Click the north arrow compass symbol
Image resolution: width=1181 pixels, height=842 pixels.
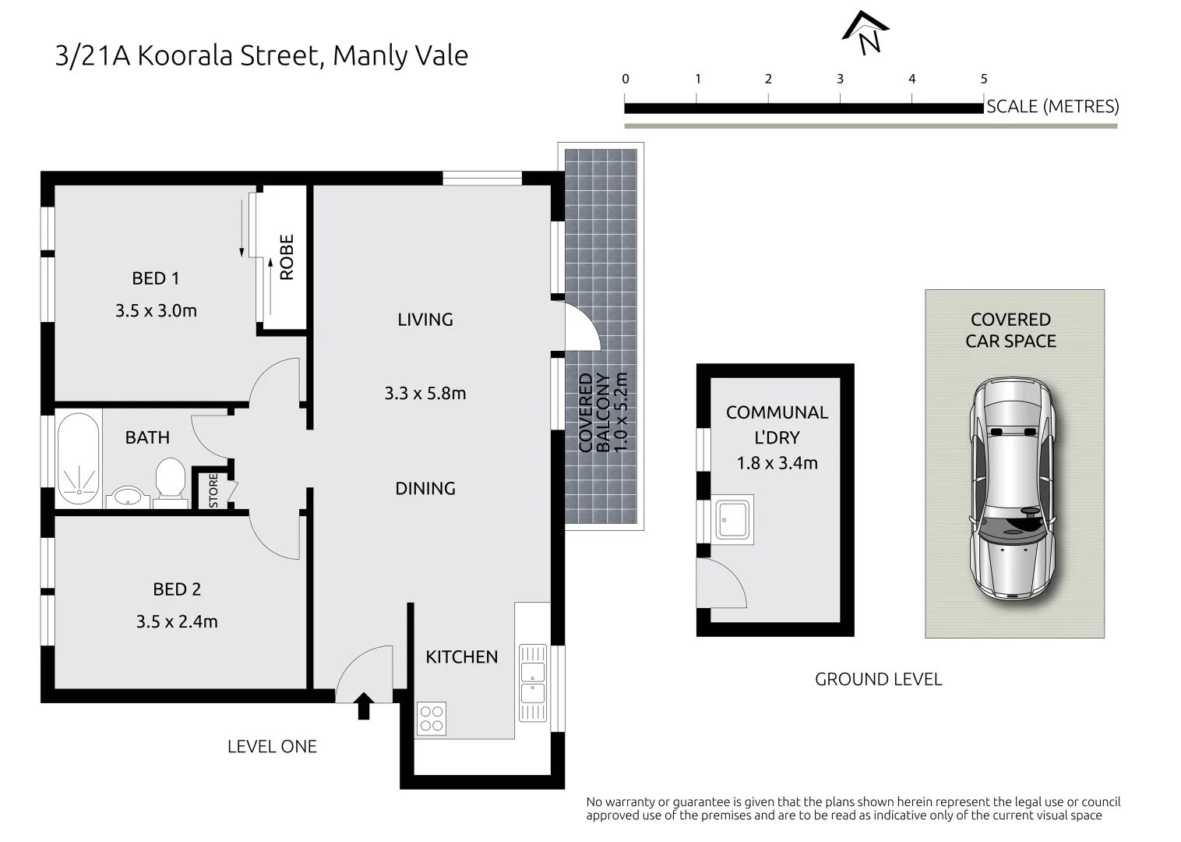tap(865, 33)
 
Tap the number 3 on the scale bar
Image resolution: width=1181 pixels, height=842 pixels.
tap(840, 80)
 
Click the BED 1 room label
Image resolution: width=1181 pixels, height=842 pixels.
tap(156, 278)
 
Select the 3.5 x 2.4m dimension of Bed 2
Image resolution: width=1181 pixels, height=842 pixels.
tap(177, 621)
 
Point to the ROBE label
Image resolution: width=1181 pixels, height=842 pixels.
tap(286, 257)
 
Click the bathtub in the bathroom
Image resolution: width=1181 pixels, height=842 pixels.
tap(78, 458)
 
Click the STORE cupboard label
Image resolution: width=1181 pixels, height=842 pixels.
tap(213, 490)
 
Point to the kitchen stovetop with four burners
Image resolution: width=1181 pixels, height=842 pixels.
tap(432, 718)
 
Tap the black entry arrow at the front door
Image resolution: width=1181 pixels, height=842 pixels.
tap(364, 706)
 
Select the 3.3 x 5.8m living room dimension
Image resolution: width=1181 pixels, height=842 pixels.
tap(425, 393)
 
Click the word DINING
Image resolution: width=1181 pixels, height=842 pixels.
tap(425, 488)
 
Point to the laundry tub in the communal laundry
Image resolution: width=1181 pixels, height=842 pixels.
tap(732, 519)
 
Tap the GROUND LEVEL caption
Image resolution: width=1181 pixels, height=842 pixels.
tap(879, 679)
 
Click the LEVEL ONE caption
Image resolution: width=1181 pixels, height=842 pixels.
tap(272, 746)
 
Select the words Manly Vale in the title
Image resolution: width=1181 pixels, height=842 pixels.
tap(400, 56)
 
